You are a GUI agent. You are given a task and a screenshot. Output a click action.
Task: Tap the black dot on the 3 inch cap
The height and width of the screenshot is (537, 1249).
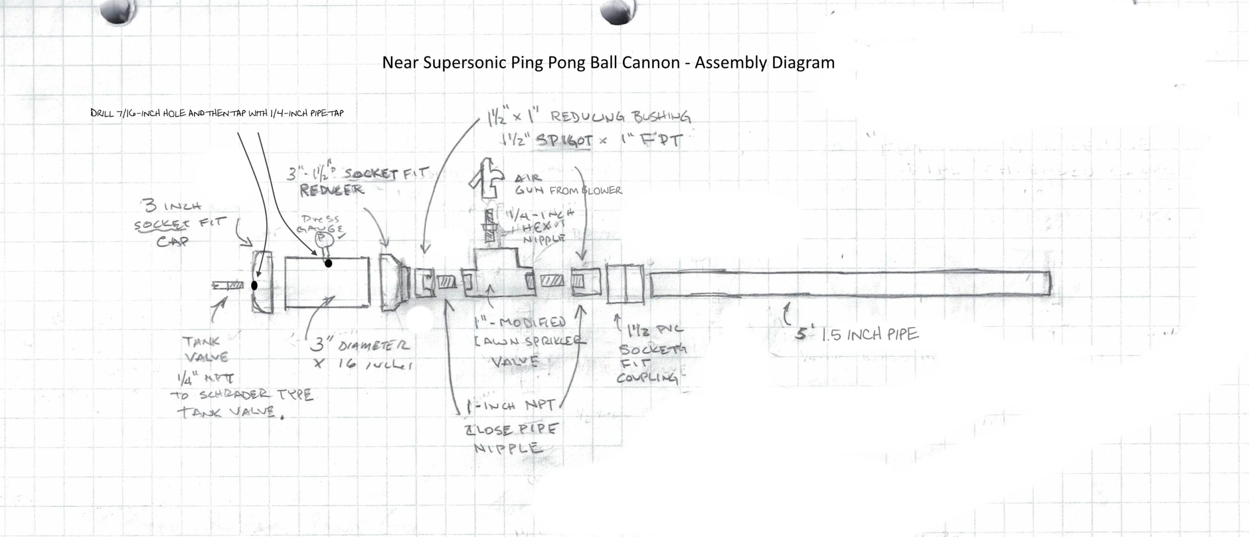254,286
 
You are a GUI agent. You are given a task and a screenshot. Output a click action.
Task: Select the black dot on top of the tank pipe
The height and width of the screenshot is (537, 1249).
328,264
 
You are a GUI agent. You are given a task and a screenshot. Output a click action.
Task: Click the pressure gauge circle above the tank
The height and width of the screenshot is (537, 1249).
323,238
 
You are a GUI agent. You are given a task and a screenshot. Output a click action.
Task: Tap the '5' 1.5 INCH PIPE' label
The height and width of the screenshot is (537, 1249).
857,334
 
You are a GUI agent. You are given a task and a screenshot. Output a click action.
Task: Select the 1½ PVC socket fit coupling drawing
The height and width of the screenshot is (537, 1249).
625,284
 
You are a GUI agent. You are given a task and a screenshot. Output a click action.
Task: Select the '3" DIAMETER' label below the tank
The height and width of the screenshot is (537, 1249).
361,346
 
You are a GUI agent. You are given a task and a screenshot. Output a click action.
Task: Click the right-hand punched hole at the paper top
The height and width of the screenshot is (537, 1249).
617,11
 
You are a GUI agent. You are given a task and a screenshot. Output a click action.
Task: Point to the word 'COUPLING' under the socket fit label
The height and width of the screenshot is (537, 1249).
647,378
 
